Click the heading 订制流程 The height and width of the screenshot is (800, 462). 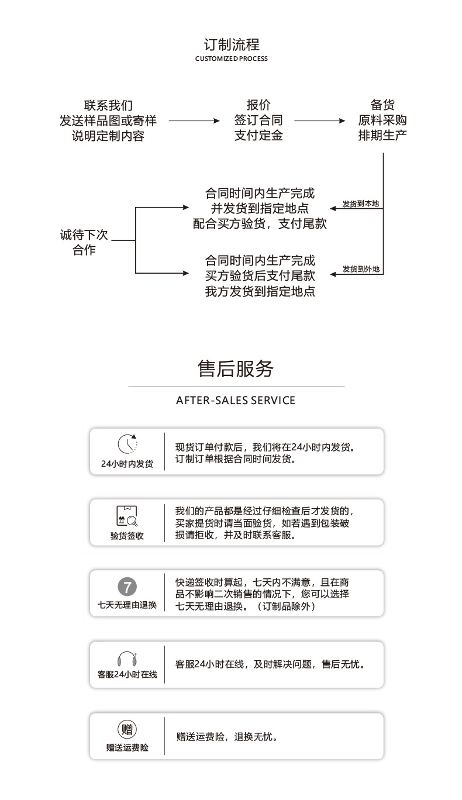click(x=231, y=45)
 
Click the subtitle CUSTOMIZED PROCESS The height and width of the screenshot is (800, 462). click(x=231, y=59)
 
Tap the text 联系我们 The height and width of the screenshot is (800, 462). click(x=108, y=106)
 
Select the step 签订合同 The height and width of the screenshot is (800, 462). click(x=258, y=120)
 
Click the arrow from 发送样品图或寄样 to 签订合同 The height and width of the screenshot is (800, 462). click(x=194, y=121)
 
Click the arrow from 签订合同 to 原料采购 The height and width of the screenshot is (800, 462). click(x=319, y=121)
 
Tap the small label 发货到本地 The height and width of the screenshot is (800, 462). click(x=360, y=204)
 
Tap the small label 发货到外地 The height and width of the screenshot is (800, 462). click(x=361, y=269)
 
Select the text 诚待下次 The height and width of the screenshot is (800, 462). click(x=84, y=235)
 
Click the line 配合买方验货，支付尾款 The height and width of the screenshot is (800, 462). click(x=260, y=223)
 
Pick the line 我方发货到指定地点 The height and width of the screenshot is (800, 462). click(x=260, y=291)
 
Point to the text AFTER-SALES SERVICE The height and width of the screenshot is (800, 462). click(x=236, y=401)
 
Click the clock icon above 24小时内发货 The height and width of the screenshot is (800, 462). click(x=127, y=444)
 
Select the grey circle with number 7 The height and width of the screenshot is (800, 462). click(x=127, y=587)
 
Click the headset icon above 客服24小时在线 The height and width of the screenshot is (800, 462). click(x=127, y=658)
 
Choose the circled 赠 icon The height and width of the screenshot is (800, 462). click(x=127, y=729)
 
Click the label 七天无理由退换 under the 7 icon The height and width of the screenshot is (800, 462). click(x=127, y=605)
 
